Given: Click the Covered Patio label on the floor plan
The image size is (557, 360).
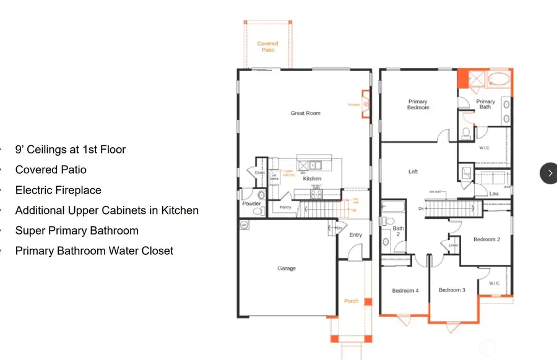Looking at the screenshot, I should pos(267,46).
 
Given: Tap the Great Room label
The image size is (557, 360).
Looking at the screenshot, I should pos(306,113).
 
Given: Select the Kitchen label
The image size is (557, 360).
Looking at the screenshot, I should pos(312,179).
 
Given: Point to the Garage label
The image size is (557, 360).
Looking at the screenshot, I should pos(287,268).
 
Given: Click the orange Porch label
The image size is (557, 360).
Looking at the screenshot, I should pos(351,301).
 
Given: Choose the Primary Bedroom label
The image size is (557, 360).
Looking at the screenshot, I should pos(418,105).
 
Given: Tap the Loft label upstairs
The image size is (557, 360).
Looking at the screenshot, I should pos(413,172).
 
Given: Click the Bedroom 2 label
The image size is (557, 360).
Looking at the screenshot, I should pos(486,239).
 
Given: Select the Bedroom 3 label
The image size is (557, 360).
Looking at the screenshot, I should pos(452,290).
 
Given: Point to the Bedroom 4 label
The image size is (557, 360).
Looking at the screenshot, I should pos(405,290).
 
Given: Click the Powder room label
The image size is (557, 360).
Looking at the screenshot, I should pos(252,204).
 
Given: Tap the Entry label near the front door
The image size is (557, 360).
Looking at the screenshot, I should pos(356,235).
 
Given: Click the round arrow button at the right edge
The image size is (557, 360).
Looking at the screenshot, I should pos(550,173).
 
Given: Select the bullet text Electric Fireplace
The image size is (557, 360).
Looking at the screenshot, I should pos(58,190).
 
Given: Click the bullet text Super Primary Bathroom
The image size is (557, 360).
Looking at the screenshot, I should pos(77,230).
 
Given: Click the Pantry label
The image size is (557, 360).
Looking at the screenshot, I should pos(285,207).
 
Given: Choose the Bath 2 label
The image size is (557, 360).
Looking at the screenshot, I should pos(399,232).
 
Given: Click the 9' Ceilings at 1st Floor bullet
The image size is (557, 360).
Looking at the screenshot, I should pos(71,149).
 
